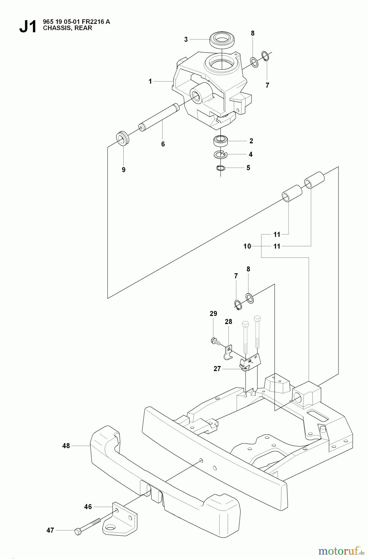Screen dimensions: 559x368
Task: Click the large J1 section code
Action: click(28, 27)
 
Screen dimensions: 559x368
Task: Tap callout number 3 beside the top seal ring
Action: click(186, 39)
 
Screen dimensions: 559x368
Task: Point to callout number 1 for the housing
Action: click(150, 81)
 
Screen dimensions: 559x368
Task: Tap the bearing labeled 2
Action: click(221, 141)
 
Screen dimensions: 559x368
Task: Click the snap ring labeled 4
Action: click(221, 154)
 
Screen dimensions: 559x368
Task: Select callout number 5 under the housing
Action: click(248, 168)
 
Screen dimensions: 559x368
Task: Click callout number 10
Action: click(247, 246)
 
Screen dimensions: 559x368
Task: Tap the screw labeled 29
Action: click(215, 341)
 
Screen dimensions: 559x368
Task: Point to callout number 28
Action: click(229, 322)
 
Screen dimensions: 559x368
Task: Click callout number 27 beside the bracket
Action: click(217, 369)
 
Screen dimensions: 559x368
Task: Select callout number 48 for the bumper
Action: click(66, 446)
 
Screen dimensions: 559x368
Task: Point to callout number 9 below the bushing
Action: click(124, 170)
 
